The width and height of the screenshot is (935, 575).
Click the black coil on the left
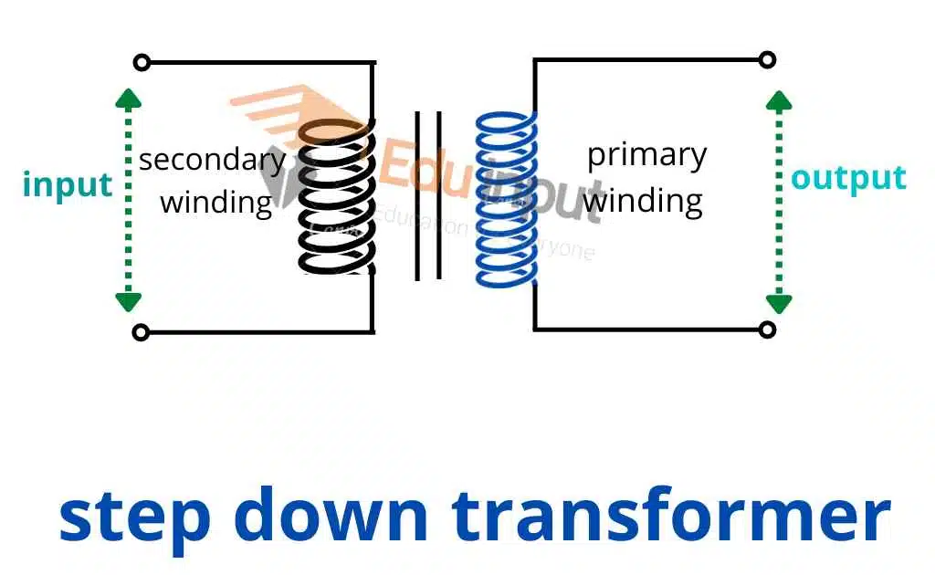click(335, 196)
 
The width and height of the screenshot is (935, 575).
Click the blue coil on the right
click(508, 198)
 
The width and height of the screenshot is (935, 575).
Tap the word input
click(68, 184)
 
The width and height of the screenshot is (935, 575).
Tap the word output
click(848, 178)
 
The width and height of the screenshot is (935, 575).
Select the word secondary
click(212, 161)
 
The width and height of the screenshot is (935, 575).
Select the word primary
click(646, 155)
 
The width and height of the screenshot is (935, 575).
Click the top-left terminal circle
click(141, 63)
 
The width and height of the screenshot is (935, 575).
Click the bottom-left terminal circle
click(141, 332)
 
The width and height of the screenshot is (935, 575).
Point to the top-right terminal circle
click(767, 60)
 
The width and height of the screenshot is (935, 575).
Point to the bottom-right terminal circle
click(767, 329)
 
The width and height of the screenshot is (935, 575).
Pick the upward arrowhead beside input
click(129, 99)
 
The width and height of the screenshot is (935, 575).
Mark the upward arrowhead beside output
click(779, 100)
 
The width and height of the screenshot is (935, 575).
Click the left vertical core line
click(418, 196)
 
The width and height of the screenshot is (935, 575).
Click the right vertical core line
click(440, 196)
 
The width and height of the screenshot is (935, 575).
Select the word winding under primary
click(645, 200)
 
